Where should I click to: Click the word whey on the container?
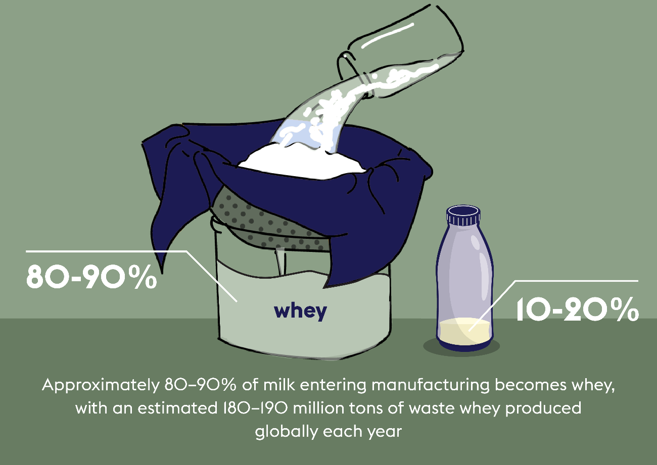300,312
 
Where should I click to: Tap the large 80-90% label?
91,277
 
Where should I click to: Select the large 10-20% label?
577,309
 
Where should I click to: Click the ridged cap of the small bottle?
463,216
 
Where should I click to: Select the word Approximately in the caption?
101,386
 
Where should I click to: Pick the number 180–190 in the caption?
255,408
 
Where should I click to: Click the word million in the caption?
318,408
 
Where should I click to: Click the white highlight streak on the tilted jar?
388,35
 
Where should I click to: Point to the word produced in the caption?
543,408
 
